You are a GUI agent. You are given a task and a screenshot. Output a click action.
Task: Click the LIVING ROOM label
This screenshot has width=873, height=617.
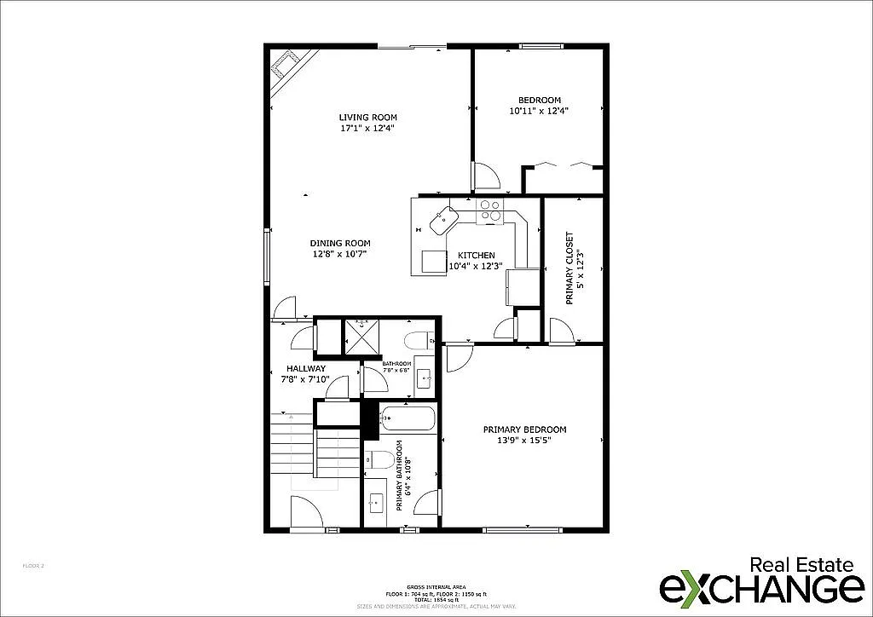[x=367, y=118]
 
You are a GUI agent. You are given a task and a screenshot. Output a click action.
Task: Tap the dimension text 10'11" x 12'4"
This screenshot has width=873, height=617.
[x=539, y=111]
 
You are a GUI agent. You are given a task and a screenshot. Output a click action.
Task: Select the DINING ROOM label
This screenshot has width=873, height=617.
[x=339, y=243]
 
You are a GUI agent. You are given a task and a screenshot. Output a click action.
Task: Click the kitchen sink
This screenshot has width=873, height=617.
[x=444, y=221]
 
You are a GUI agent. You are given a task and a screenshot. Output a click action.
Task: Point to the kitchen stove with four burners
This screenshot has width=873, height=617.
[x=489, y=210]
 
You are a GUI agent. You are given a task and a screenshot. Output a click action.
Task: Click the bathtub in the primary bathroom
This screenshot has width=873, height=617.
[x=408, y=418]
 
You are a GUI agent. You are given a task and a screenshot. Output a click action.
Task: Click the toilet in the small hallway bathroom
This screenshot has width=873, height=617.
[x=419, y=341]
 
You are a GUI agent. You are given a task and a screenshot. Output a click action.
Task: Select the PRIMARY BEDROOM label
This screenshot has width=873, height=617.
[x=524, y=430]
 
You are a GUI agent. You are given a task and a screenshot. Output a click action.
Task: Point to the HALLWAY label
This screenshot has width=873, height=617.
[x=305, y=369]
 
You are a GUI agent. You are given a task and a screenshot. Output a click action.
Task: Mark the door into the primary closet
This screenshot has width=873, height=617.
[x=560, y=332]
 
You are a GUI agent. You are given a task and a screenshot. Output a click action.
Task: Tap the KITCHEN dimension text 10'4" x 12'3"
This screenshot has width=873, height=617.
[x=475, y=266]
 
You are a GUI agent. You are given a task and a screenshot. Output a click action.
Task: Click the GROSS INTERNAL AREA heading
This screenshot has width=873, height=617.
[x=436, y=587]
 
